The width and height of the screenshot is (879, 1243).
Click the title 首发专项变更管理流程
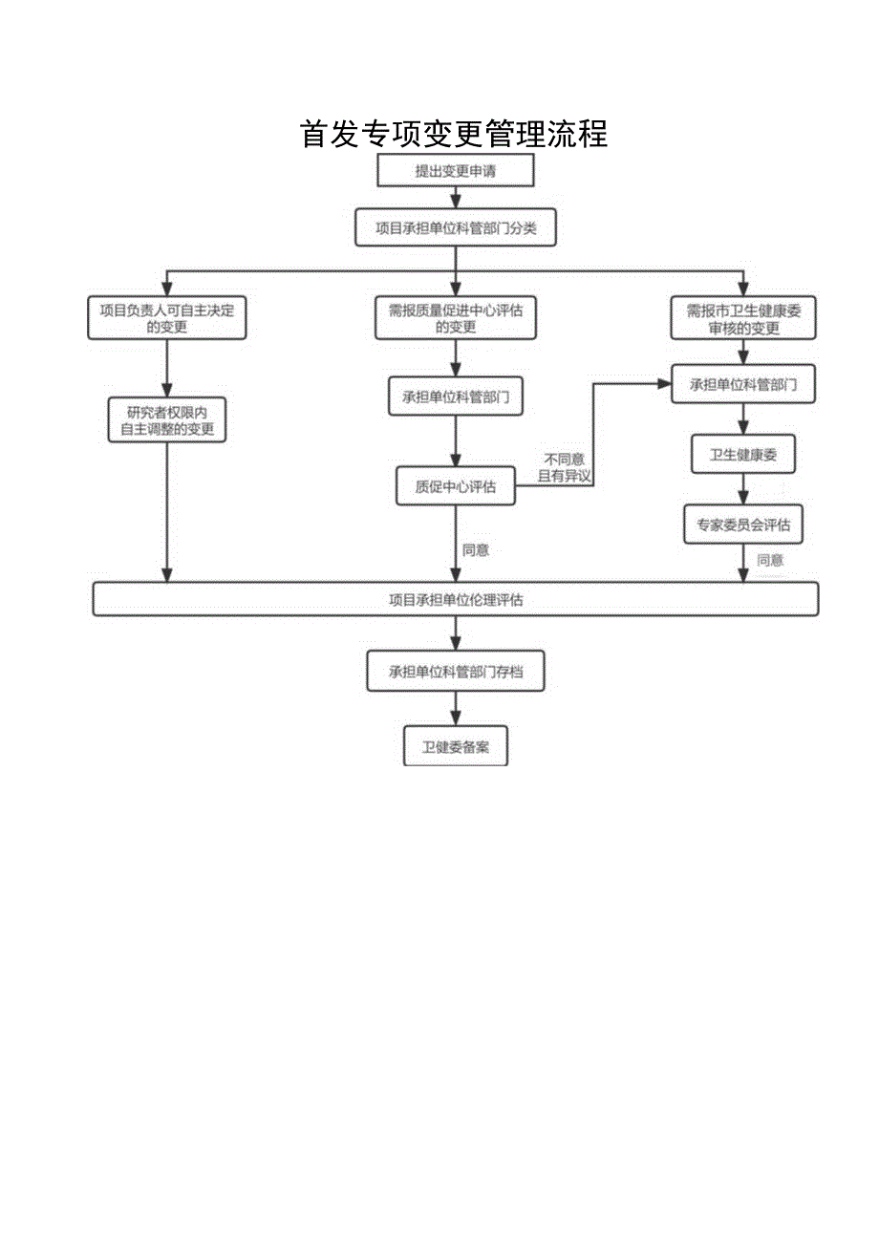[x=454, y=134]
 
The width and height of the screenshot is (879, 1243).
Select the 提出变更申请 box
[x=456, y=171]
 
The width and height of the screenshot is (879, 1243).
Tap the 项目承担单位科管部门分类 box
[x=455, y=228]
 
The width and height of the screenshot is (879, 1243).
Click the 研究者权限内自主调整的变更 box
[x=167, y=420]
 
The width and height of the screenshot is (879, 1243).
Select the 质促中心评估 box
[x=455, y=486]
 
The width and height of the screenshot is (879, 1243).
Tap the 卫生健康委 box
[x=743, y=456]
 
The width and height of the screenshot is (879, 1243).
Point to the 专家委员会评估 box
[x=743, y=525]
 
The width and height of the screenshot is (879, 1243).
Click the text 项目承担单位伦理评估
[x=455, y=600]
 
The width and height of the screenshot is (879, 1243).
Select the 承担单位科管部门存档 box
[x=455, y=672]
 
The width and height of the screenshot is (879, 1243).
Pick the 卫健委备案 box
[x=455, y=747]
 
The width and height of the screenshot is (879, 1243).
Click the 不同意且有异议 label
[x=564, y=467]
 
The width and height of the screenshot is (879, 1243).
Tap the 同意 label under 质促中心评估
[x=476, y=550]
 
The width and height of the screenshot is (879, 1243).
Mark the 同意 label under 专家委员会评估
[x=770, y=561]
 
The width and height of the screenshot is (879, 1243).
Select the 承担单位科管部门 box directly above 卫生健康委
[x=743, y=386]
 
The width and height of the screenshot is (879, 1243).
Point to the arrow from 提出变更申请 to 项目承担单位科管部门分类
[x=456, y=198]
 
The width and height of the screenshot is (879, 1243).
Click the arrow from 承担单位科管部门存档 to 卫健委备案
[x=455, y=710]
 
